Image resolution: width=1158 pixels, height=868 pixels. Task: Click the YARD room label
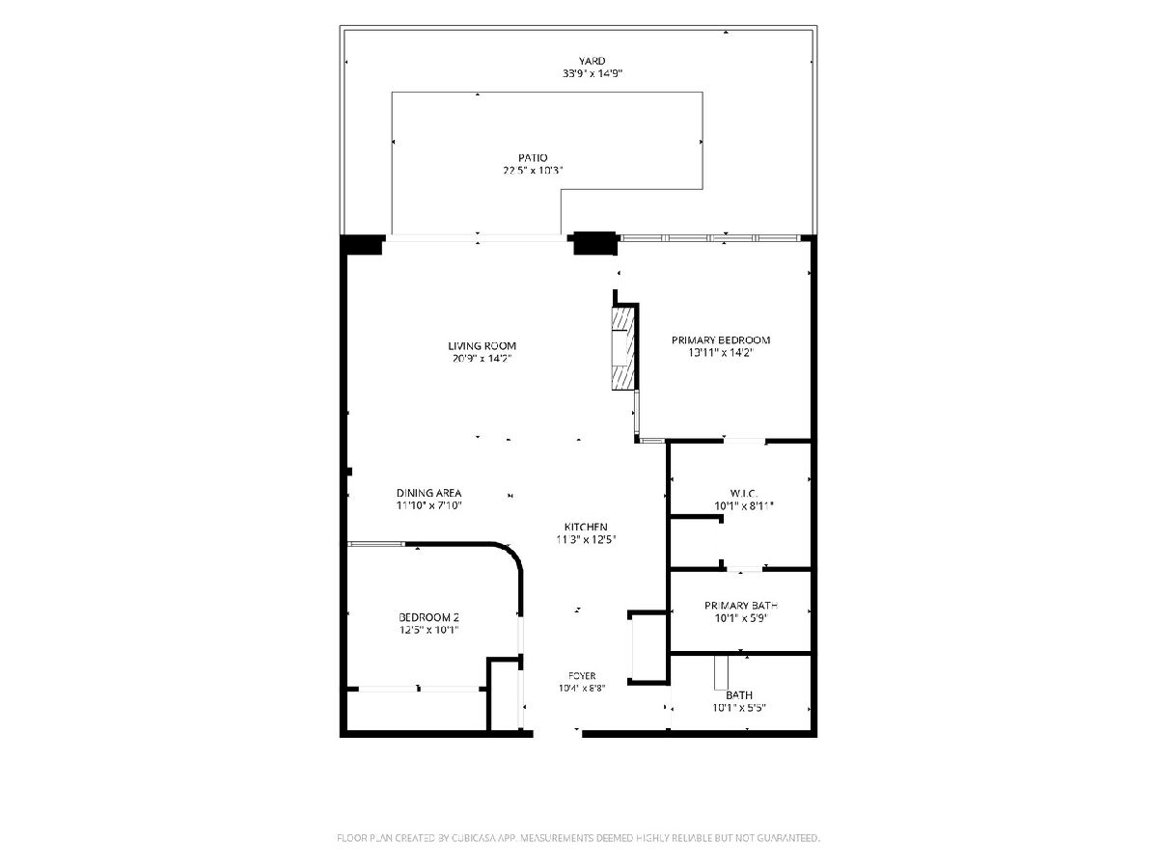tap(592, 61)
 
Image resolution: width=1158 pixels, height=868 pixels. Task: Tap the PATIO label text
tap(533, 157)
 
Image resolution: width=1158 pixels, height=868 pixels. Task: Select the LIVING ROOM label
tap(482, 346)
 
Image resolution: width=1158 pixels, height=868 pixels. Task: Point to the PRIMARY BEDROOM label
tap(720, 340)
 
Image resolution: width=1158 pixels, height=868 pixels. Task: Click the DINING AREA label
tap(428, 493)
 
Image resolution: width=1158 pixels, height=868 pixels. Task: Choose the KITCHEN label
tap(586, 527)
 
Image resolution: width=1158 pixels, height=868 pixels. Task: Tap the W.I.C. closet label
tap(744, 494)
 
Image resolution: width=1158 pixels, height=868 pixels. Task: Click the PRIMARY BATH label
tap(741, 606)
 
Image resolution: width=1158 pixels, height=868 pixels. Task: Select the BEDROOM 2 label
tap(428, 617)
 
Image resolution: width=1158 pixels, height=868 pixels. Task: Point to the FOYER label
tap(582, 676)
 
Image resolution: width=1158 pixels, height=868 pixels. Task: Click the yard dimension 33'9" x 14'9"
tap(592, 74)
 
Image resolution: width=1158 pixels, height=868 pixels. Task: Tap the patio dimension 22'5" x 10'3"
tap(533, 171)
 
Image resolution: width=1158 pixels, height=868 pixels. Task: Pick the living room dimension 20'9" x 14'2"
tap(482, 359)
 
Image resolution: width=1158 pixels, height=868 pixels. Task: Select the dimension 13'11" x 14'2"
tap(721, 353)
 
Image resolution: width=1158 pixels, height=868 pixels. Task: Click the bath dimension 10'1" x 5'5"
tap(738, 708)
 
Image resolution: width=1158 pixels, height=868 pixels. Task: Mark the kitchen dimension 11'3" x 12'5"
tap(586, 540)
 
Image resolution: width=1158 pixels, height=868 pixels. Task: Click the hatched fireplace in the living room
tap(622, 349)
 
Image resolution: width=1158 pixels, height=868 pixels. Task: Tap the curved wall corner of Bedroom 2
tap(509, 556)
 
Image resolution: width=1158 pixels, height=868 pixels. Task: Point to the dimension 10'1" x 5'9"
tap(741, 618)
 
